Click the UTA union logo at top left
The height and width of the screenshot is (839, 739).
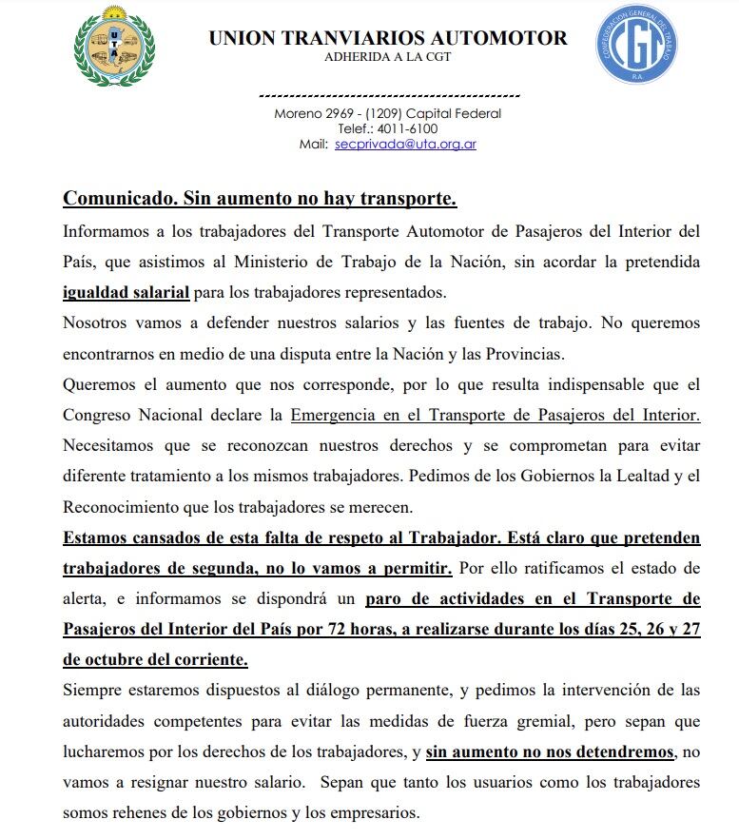click(x=114, y=46)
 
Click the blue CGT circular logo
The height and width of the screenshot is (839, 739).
click(x=636, y=44)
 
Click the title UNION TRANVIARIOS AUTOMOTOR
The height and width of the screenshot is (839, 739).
click(x=388, y=38)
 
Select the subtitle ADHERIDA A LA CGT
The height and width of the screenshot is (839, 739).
click(x=388, y=57)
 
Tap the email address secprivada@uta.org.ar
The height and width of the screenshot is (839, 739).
click(x=405, y=145)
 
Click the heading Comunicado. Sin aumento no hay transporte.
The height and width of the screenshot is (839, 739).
click(x=260, y=199)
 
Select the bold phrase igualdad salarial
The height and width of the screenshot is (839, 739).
click(x=126, y=291)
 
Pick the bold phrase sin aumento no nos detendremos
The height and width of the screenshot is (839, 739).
click(x=551, y=751)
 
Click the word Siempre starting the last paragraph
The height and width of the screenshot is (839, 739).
click(x=90, y=690)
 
